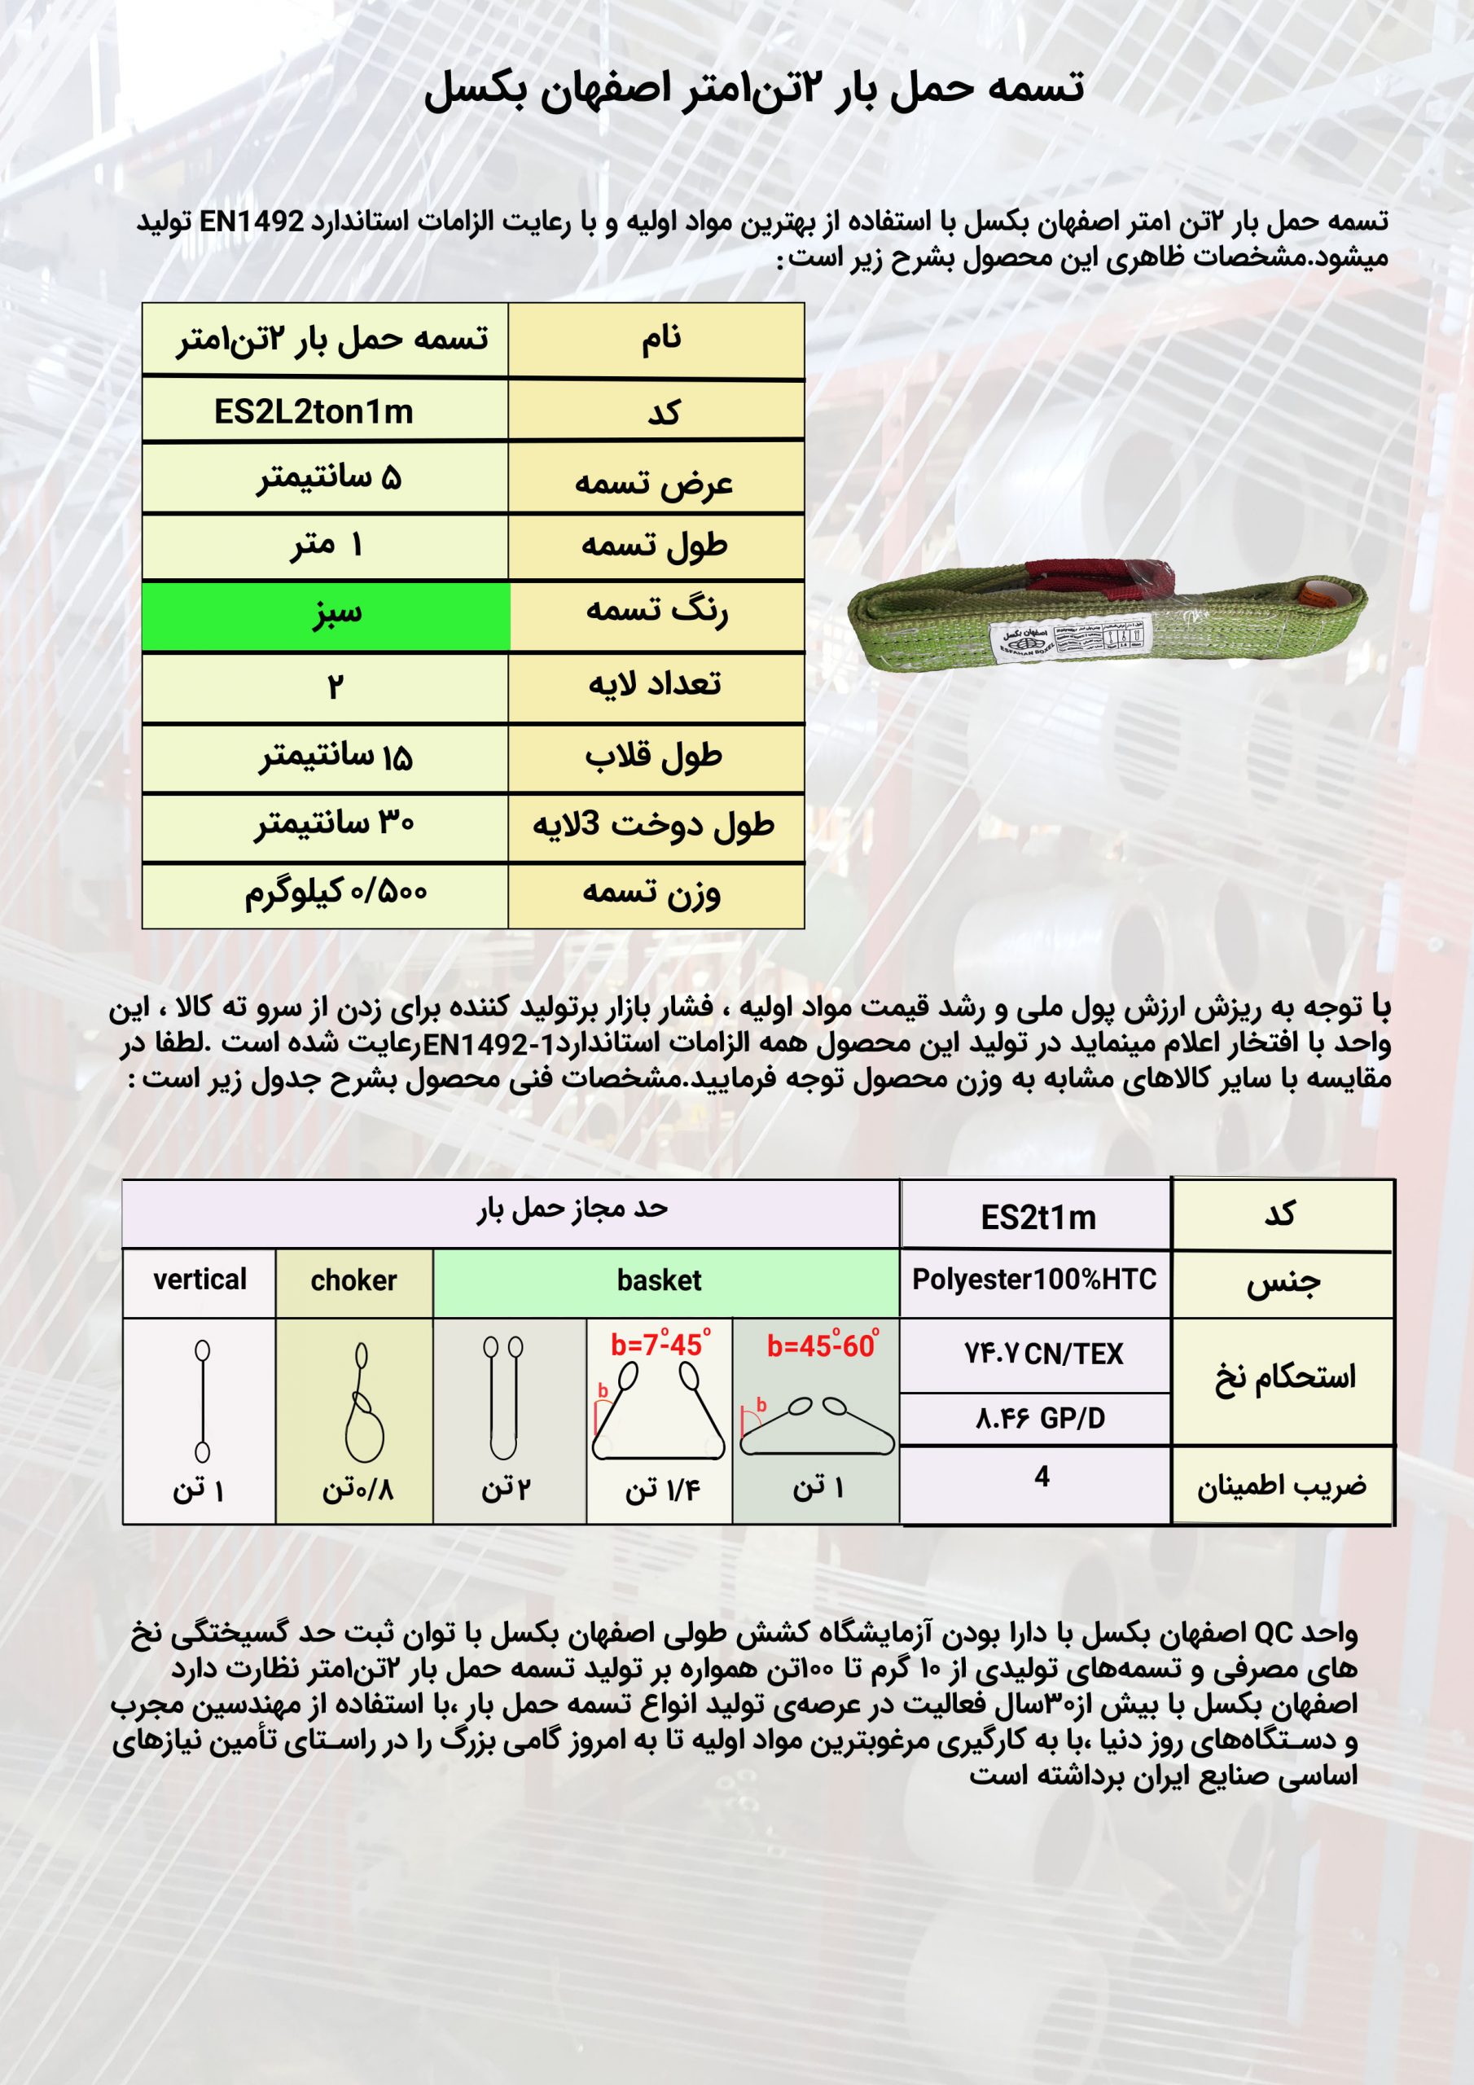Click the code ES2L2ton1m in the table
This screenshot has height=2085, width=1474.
coord(314,412)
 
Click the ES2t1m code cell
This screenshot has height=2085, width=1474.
coord(1038,1217)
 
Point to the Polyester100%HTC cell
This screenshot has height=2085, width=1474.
coord(1034,1280)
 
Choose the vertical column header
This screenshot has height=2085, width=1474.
coord(200,1280)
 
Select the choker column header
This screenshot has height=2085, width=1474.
coord(353,1281)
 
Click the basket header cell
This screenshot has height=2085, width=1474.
coord(660,1281)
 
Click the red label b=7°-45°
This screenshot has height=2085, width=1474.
coord(660,1344)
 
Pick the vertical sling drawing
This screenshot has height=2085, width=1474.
coord(202,1404)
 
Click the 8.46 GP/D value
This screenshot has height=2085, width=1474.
coord(1040,1419)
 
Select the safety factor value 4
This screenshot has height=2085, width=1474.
coord(1042,1477)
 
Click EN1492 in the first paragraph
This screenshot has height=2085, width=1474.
coord(253,222)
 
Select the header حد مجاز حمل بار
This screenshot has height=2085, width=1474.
coord(572,1209)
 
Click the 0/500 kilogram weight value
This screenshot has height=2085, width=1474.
coord(336,893)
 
